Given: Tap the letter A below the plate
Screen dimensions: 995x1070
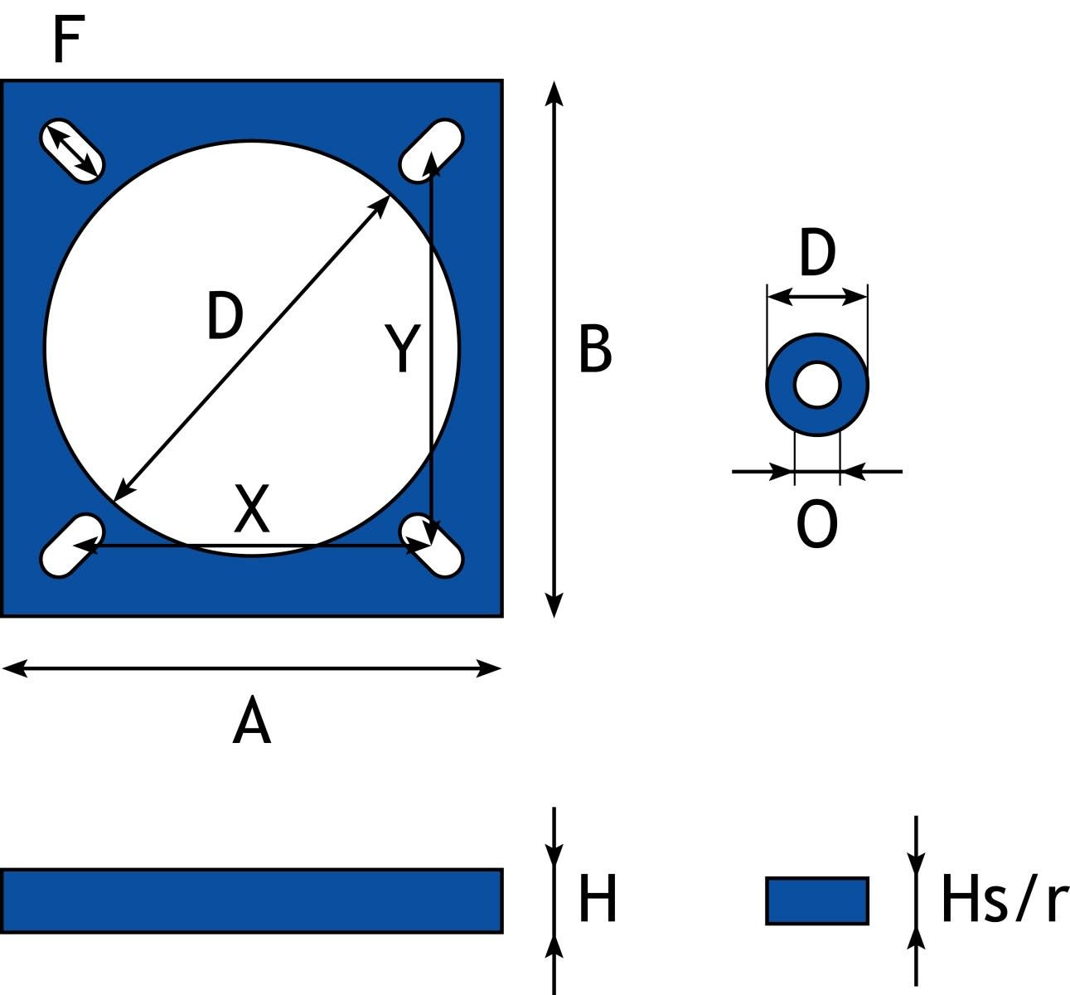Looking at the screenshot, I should pyautogui.click(x=252, y=723).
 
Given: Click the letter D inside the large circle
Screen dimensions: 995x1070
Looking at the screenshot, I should pyautogui.click(x=225, y=317).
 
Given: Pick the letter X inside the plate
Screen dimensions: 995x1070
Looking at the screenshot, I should pyautogui.click(x=252, y=508).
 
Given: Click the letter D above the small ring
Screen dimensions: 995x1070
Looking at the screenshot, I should pyautogui.click(x=817, y=255).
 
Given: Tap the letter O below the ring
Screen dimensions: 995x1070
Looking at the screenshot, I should pyautogui.click(x=817, y=526).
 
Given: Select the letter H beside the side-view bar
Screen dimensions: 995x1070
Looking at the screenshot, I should pyautogui.click(x=598, y=900).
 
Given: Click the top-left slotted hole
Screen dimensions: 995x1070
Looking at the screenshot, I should pyautogui.click(x=71, y=152).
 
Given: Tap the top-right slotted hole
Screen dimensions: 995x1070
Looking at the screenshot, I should pyautogui.click(x=431, y=150).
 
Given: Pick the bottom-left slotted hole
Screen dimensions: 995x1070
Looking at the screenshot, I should pyautogui.click(x=71, y=545).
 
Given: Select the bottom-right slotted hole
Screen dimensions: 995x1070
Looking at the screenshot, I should pyautogui.click(x=431, y=545).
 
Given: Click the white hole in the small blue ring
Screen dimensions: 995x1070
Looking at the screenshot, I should pyautogui.click(x=817, y=385).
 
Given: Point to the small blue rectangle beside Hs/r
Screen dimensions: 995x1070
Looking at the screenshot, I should pyautogui.click(x=817, y=900).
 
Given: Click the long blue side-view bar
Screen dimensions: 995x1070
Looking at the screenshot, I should pyautogui.click(x=252, y=900).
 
